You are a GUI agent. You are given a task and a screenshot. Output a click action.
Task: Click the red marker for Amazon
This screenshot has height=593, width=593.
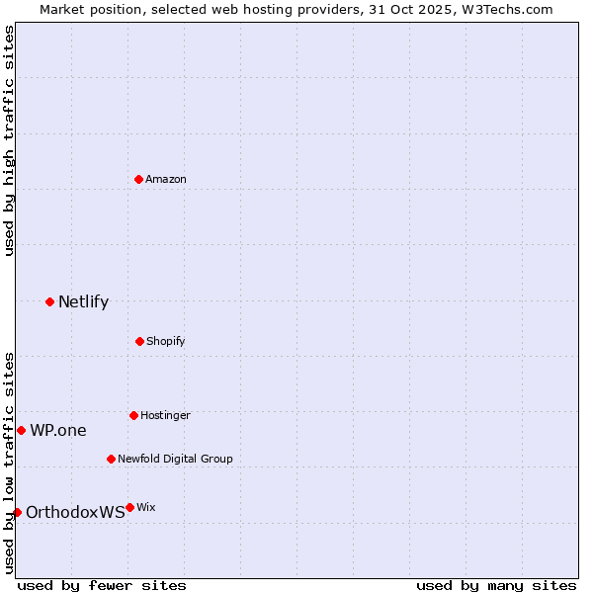point(138,179)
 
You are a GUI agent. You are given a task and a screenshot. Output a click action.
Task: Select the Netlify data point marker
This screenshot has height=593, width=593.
point(49,301)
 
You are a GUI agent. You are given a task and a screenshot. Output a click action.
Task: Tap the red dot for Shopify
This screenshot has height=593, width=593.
point(139,341)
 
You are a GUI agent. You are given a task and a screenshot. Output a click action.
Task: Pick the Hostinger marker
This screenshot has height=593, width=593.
point(133,415)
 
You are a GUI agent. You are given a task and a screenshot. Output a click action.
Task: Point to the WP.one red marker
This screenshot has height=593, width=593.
point(21,430)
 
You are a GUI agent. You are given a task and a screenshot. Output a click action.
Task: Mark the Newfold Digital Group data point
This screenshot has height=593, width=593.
point(111,459)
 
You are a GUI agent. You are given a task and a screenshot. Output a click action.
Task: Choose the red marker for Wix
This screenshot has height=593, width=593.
point(129,507)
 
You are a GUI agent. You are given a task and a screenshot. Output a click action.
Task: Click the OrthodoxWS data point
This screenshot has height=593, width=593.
point(17,512)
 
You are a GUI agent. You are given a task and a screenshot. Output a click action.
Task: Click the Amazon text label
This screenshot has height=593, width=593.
point(166,179)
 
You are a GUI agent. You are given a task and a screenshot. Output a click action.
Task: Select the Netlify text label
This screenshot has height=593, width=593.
point(83,301)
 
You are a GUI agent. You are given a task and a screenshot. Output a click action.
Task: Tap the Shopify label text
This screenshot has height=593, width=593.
point(166,341)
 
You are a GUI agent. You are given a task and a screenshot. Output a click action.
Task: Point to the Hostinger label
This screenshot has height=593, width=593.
point(165,415)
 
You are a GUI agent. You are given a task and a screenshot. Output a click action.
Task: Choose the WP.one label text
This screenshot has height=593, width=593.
point(58,430)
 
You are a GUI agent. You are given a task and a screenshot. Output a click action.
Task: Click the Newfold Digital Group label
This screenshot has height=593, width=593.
point(175,459)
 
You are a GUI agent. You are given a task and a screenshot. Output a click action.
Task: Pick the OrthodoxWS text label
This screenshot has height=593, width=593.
point(75,512)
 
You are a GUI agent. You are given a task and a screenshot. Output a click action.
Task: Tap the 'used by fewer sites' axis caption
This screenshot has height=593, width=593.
point(102,585)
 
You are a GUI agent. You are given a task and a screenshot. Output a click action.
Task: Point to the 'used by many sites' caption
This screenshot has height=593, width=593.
point(496,585)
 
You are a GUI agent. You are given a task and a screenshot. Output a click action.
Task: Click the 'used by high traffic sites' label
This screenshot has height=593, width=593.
point(9,140)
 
